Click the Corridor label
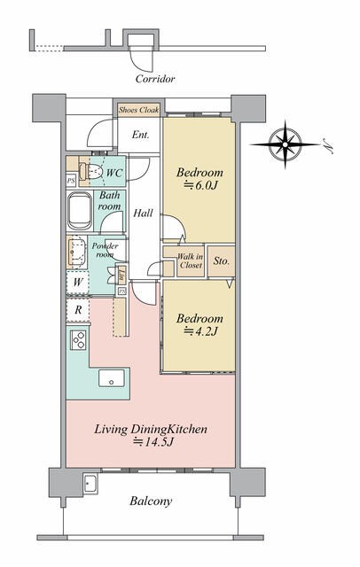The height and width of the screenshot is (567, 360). (155, 79)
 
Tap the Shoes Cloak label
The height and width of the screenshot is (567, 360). (139, 110)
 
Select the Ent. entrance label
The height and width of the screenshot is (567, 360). (140, 135)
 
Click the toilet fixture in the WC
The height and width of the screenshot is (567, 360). (90, 172)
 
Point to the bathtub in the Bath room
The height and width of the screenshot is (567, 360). (80, 211)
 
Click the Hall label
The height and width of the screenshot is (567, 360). (144, 213)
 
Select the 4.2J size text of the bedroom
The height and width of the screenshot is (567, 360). (201, 331)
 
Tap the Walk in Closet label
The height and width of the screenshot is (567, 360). (191, 260)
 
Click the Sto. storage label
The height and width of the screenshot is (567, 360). (221, 260)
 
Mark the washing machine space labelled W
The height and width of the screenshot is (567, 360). (78, 282)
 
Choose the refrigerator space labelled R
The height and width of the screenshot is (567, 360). (78, 310)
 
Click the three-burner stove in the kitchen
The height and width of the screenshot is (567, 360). (78, 340)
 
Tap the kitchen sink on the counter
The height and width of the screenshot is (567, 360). (112, 378)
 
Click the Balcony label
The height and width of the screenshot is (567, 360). (151, 501)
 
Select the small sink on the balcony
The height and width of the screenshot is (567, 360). (90, 484)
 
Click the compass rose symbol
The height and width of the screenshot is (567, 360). (286, 144)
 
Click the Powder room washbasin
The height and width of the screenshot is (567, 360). (77, 252)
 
